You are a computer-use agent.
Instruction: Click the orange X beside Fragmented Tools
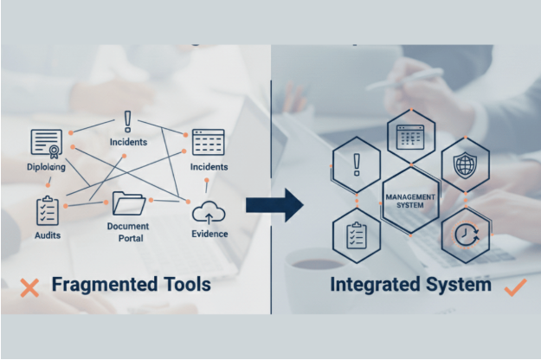click(x=29, y=287)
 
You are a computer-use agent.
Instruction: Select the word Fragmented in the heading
click(x=101, y=285)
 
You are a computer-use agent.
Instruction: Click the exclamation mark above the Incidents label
click(x=128, y=120)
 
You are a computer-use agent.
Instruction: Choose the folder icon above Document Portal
click(x=128, y=203)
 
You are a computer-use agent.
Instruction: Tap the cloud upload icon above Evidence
click(x=209, y=211)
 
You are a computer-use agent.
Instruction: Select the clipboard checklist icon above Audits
click(x=47, y=209)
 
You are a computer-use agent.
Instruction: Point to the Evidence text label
click(x=209, y=234)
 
